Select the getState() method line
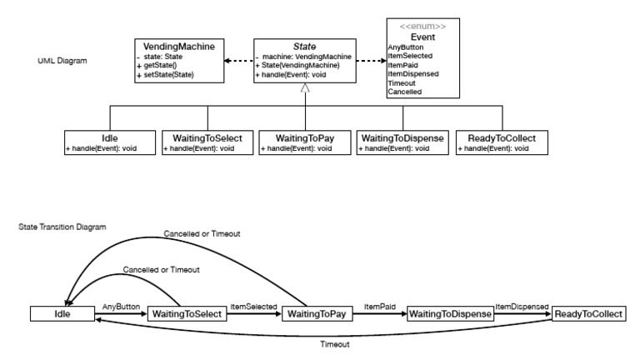pos(163,65)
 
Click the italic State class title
pos(307,47)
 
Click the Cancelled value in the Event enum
pos(404,91)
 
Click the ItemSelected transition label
pos(252,307)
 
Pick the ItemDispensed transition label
pos(522,307)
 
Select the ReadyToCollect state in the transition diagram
pos(588,315)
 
